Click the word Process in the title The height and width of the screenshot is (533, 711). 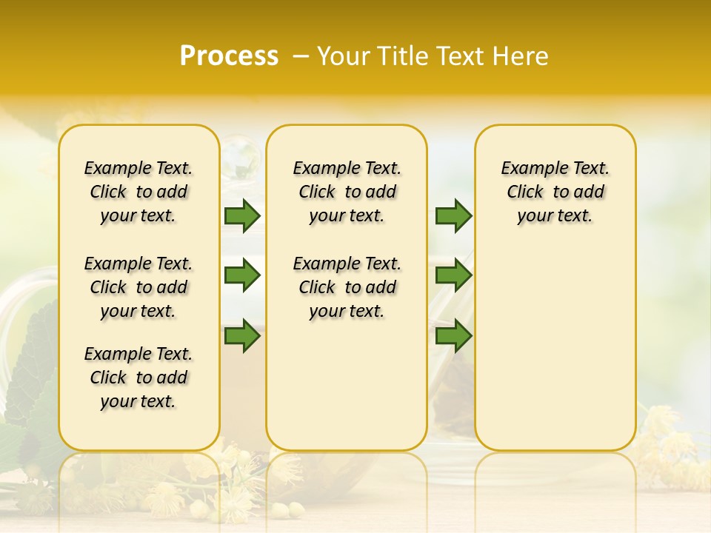(x=229, y=56)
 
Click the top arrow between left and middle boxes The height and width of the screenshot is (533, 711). (x=242, y=216)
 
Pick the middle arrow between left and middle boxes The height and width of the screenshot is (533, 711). (x=242, y=275)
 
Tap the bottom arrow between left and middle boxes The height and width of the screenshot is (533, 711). (x=242, y=336)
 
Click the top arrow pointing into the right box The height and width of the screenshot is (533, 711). (x=453, y=216)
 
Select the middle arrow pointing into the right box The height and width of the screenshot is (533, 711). (x=453, y=275)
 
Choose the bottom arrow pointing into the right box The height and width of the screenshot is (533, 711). (x=453, y=336)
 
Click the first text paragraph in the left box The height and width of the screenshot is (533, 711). (x=138, y=192)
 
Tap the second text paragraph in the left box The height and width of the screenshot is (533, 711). (x=138, y=287)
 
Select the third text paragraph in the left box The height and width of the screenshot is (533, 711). (x=138, y=378)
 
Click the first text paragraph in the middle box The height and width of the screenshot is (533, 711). (x=347, y=192)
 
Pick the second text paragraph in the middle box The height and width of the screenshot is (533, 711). (x=347, y=287)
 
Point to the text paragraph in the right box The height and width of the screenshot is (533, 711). (x=555, y=192)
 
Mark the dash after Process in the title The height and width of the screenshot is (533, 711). (x=301, y=57)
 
